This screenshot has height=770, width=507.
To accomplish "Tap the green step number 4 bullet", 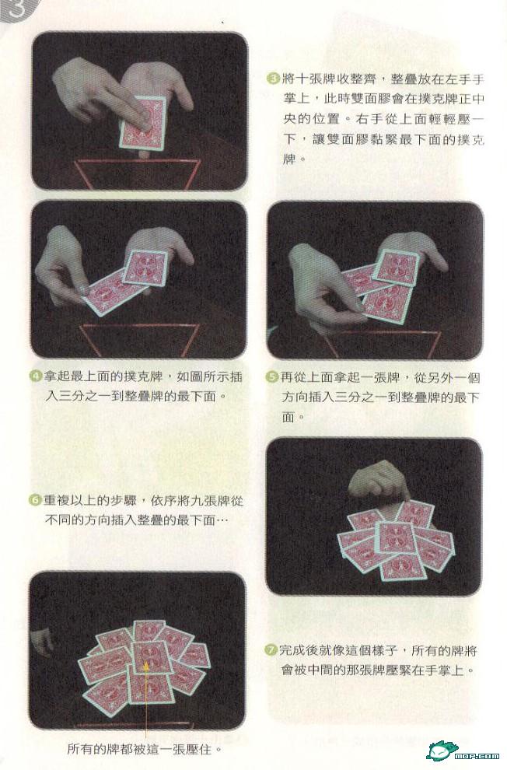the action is coord(37,377).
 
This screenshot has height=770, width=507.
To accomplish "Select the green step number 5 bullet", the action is coord(272,378).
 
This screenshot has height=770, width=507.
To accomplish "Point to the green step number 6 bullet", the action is coord(35,501).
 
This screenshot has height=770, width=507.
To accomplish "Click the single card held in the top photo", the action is coord(143,122).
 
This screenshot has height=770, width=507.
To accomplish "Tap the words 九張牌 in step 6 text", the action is coord(211,501).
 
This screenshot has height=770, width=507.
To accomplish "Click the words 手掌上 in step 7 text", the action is coord(443,670).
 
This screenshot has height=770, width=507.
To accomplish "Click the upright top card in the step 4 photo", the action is coord(145,267).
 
